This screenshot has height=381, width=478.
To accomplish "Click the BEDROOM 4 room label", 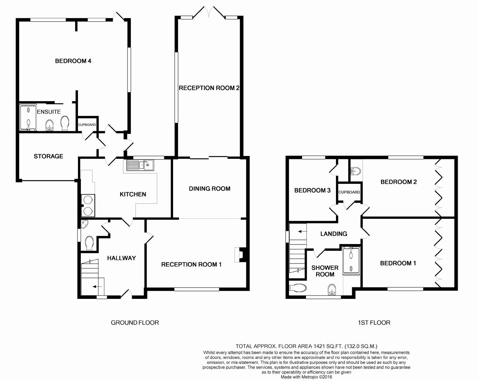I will pyautogui.click(x=73, y=61).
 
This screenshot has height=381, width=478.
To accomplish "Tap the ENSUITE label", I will pyautogui.click(x=49, y=112).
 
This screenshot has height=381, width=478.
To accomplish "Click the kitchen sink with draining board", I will pyautogui.click(x=140, y=165).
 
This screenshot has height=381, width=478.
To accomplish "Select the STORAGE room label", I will pyautogui.click(x=48, y=156).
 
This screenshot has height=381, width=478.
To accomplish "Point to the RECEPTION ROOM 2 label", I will pyautogui.click(x=209, y=88).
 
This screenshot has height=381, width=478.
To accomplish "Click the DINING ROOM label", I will pyautogui.click(x=209, y=189).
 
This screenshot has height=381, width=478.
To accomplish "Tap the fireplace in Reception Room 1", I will pyautogui.click(x=239, y=255).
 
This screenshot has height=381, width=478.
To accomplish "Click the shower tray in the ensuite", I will pyautogui.click(x=28, y=117).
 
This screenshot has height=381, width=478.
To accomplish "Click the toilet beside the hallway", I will pyautogui.click(x=89, y=243).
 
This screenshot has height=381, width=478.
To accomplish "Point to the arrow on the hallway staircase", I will pyautogui.click(x=95, y=287).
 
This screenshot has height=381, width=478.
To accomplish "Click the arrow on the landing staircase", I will pyautogui.click(x=300, y=231).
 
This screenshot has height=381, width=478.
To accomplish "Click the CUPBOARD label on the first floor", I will pyautogui.click(x=349, y=192).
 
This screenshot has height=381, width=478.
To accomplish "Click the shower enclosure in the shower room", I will pyautogui.click(x=351, y=260).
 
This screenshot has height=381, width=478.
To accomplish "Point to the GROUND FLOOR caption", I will pyautogui.click(x=135, y=323).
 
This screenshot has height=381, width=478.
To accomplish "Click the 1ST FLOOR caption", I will pyautogui.click(x=374, y=323).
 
